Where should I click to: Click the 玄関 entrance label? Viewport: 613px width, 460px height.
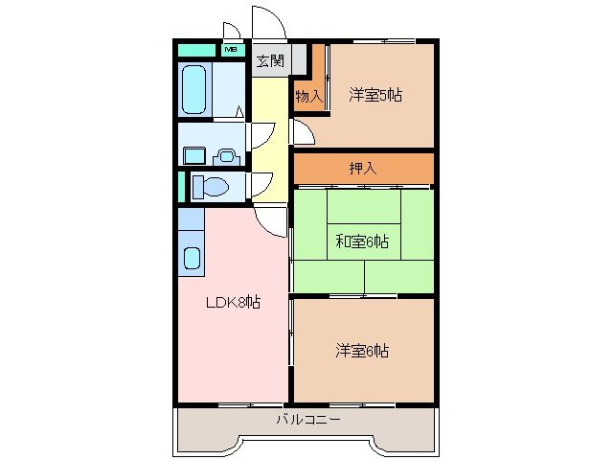pyautogui.click(x=270, y=61)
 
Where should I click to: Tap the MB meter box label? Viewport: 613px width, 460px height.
pyautogui.click(x=232, y=48)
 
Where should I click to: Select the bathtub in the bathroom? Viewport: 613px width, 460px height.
pyautogui.click(x=195, y=89)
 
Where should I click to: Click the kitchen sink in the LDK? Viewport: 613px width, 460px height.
pyautogui.click(x=192, y=258)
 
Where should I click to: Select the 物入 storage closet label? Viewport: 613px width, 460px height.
pyautogui.click(x=307, y=95)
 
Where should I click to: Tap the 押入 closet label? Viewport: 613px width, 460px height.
pyautogui.click(x=362, y=168)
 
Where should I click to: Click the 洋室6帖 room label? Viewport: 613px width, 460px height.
pyautogui.click(x=362, y=351)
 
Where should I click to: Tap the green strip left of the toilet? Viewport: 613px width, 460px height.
pyautogui.click(x=180, y=186)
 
